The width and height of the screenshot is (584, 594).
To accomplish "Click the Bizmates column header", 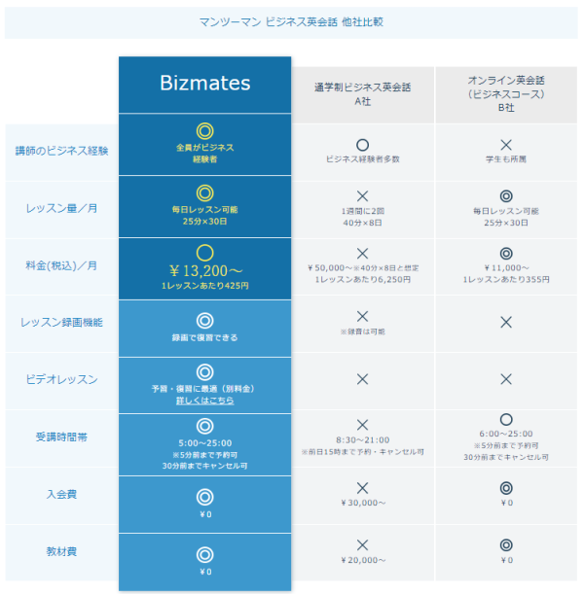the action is [x=204, y=83].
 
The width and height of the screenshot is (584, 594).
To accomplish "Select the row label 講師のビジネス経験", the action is [x=62, y=151].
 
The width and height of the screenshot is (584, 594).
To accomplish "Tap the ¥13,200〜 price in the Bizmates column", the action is [x=205, y=270].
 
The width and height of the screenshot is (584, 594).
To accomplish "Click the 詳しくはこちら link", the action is [x=204, y=400].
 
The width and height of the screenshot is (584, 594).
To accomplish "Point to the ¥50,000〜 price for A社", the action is [x=330, y=267].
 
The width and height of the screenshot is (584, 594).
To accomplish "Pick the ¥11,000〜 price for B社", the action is [x=506, y=267].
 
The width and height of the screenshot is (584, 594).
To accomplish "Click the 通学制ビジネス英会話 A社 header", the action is [x=362, y=94].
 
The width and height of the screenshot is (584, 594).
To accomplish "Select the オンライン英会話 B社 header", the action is [x=506, y=94].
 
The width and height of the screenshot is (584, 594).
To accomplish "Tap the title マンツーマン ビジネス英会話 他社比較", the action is [x=291, y=22].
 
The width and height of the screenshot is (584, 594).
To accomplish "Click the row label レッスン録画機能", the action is [x=61, y=323].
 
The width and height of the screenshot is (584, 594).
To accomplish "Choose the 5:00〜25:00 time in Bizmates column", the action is [x=204, y=443].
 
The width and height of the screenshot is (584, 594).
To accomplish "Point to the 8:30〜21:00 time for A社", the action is [x=362, y=439].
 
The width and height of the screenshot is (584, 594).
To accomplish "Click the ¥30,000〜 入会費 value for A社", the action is [x=363, y=503].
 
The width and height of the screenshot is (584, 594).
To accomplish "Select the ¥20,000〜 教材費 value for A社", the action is [x=363, y=560].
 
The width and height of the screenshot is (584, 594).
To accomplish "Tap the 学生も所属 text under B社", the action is [x=506, y=159].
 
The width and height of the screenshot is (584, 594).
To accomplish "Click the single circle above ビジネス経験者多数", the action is [x=362, y=139].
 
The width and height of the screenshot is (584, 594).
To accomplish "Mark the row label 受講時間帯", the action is [x=61, y=437].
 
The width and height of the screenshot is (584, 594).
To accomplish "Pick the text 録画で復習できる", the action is [x=204, y=337].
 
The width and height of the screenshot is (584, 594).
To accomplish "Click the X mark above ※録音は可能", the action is [x=362, y=316].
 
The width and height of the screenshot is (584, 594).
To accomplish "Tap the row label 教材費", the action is [x=61, y=551].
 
